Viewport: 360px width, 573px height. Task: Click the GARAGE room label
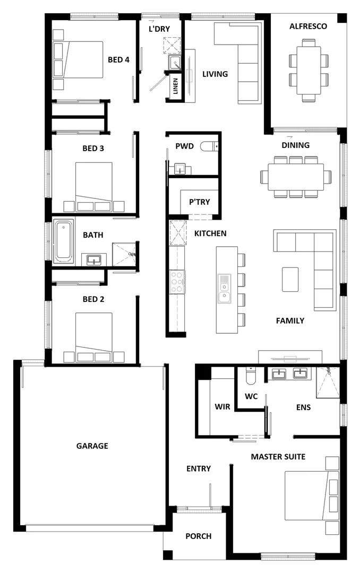[x=92, y=446]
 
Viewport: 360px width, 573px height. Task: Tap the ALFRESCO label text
[x=308, y=26]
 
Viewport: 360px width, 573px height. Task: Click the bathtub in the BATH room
[x=63, y=242]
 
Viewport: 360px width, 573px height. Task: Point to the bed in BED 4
[x=78, y=59]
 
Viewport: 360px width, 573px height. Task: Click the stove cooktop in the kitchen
[x=177, y=282]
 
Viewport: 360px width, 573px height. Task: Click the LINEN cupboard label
[x=175, y=86]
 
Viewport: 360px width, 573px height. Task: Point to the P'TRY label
[x=200, y=202]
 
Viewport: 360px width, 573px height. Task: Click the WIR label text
[x=222, y=407]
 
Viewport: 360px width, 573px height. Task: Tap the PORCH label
[x=199, y=536]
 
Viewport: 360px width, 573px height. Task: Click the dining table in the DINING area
[x=296, y=177]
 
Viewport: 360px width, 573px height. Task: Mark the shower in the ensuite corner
[x=327, y=382]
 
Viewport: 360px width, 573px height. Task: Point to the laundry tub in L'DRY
[x=175, y=64]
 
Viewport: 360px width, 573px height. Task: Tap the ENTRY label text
[x=199, y=468]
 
